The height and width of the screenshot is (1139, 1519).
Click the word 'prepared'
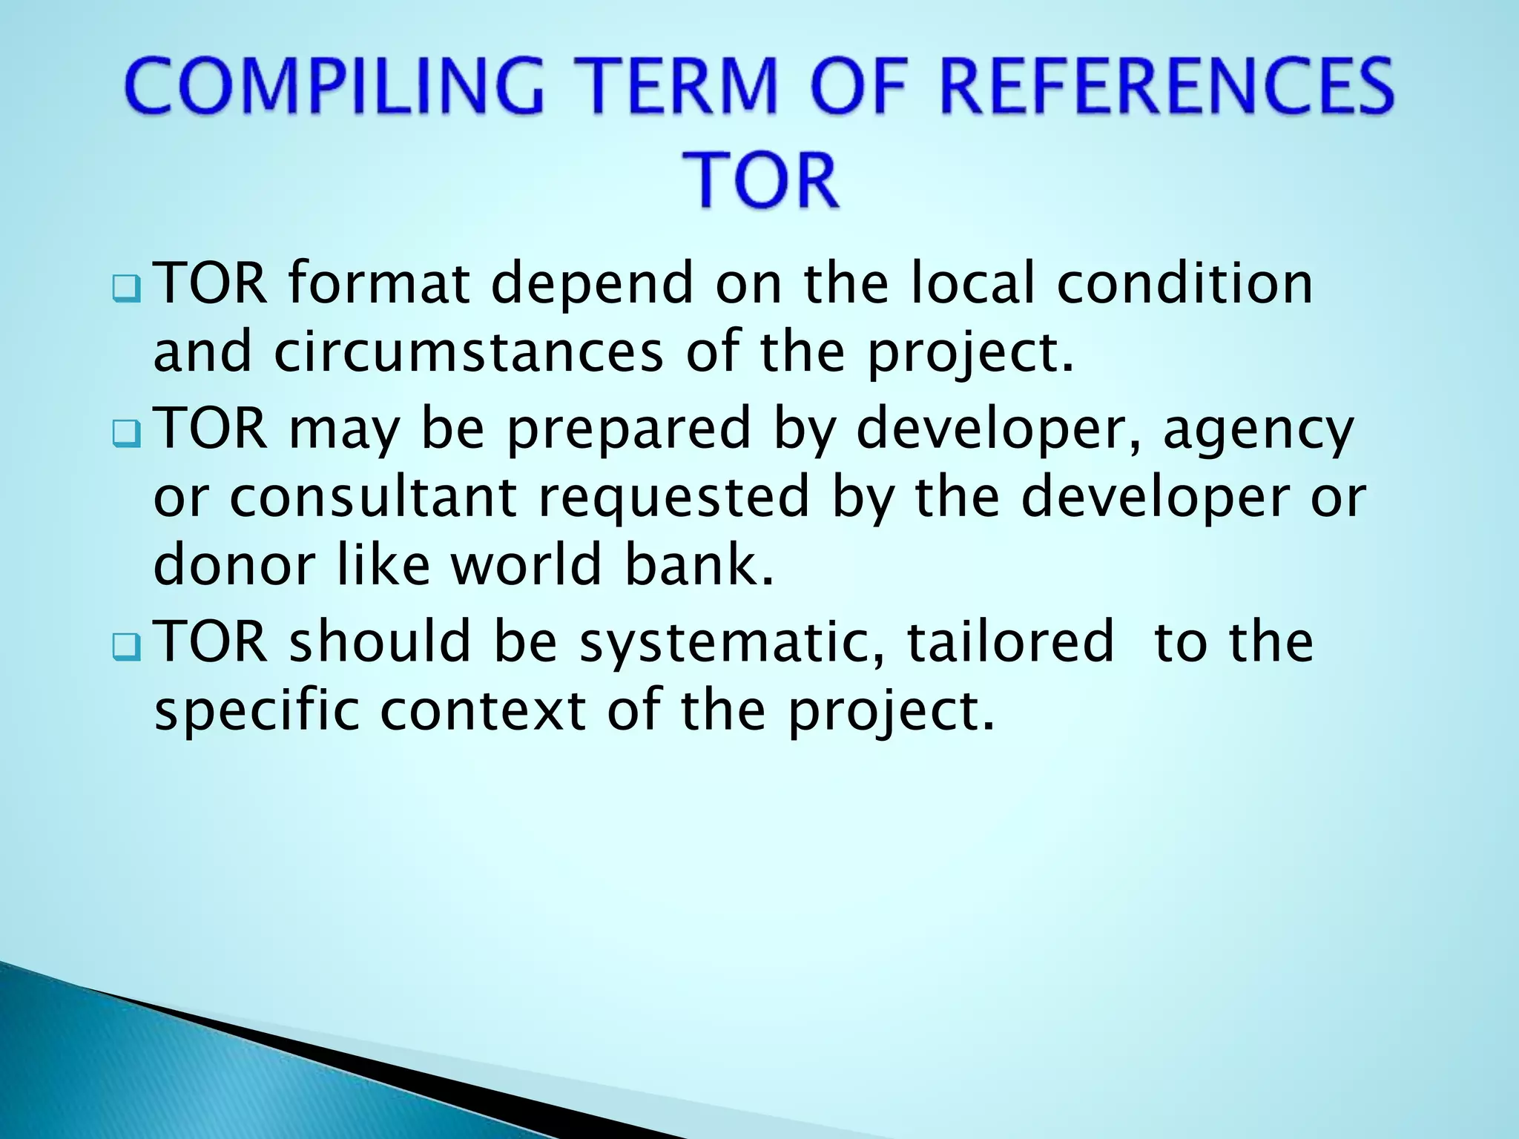[x=629, y=430]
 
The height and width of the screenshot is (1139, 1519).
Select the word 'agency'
[x=1258, y=430]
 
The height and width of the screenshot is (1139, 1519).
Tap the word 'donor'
[x=234, y=564]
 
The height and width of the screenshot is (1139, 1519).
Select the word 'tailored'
[x=1010, y=641]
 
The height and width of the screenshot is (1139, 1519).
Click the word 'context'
[x=484, y=710]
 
